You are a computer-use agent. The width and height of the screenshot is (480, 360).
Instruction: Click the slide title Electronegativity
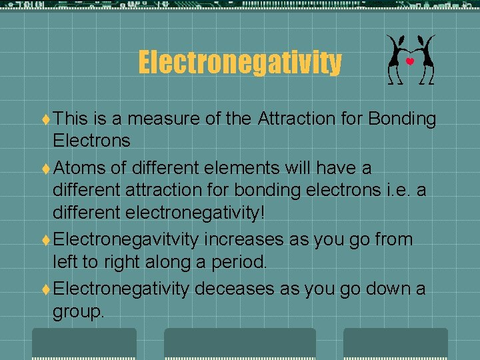239,63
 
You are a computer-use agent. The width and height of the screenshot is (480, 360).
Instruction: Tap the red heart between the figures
410,61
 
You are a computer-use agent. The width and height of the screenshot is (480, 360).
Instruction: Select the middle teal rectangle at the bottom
239,343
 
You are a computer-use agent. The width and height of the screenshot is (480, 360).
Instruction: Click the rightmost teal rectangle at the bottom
395,343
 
